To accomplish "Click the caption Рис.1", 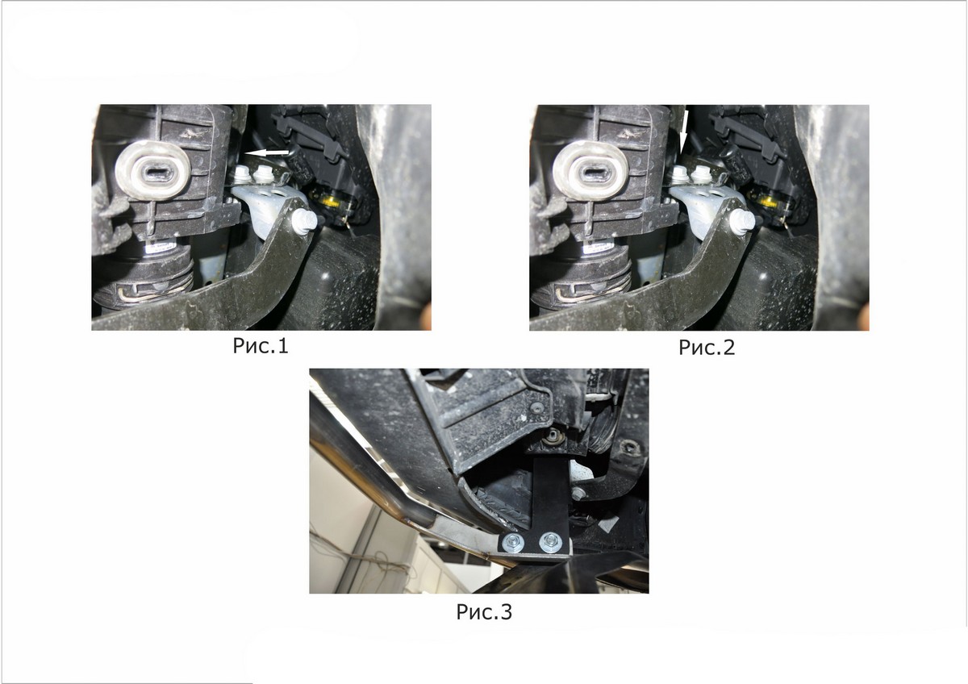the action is (x=260, y=346).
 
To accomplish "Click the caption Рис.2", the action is (x=707, y=348).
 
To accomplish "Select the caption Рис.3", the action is (x=484, y=612).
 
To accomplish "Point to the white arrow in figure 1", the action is (x=267, y=152).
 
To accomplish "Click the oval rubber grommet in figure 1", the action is (x=152, y=171).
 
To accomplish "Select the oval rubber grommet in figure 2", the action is (x=590, y=171).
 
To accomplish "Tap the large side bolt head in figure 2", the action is (x=742, y=221).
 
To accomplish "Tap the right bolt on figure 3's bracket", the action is (x=550, y=541).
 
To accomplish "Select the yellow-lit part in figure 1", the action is (x=333, y=201).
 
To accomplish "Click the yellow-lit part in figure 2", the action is (x=771, y=201).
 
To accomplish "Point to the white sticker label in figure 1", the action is (x=161, y=248).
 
